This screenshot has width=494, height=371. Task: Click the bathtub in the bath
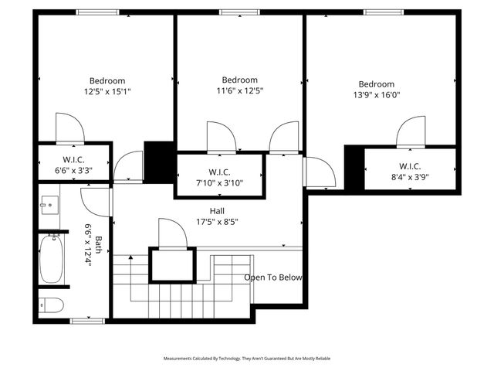click(x=52, y=260)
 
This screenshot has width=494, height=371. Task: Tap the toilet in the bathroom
click(x=51, y=304)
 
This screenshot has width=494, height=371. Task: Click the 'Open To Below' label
click(x=273, y=277)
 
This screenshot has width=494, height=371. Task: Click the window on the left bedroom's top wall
click(x=97, y=12)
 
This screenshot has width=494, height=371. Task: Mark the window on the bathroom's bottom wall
click(x=82, y=320)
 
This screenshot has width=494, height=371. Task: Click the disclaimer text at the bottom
click(x=246, y=359)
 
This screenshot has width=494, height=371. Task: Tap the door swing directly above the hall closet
click(x=173, y=233)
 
